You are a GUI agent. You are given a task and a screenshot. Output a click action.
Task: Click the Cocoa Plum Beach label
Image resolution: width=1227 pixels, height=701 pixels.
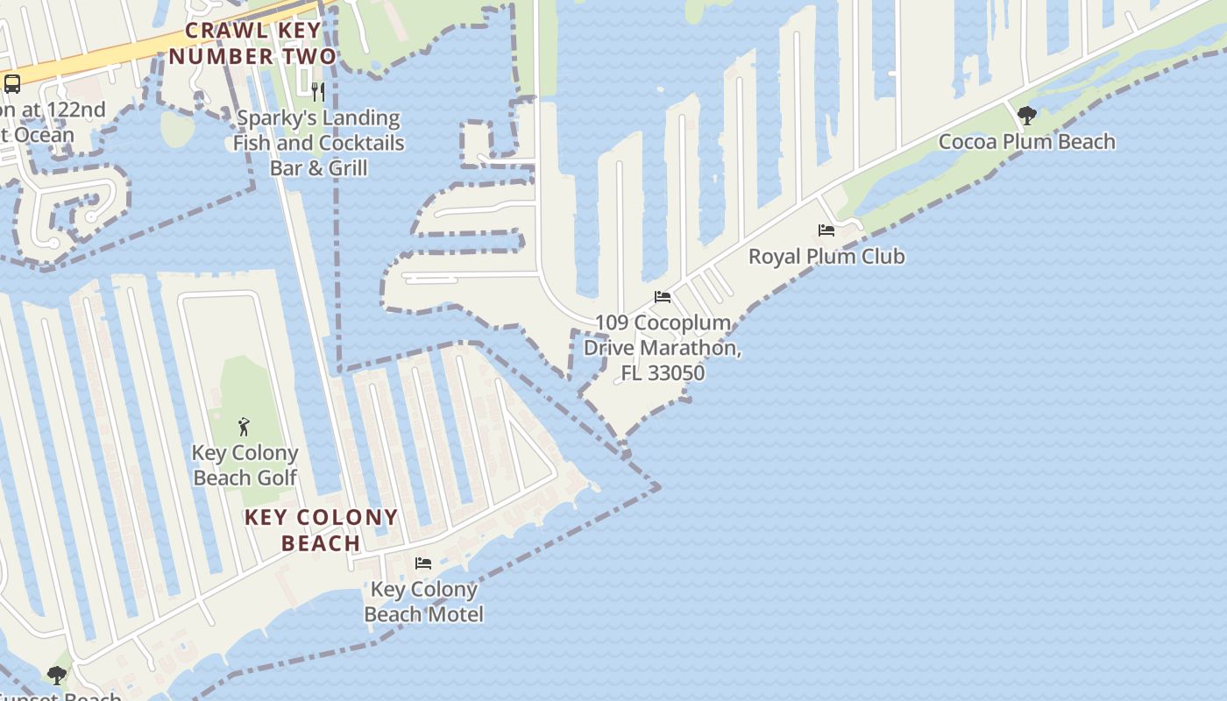1026,141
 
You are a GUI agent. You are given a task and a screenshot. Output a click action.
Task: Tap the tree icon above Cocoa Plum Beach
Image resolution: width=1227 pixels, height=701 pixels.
1026,115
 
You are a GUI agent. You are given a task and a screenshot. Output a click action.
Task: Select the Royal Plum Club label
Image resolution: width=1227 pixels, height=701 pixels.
826,256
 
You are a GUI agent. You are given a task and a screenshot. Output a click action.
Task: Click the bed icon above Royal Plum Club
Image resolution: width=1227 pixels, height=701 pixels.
826,230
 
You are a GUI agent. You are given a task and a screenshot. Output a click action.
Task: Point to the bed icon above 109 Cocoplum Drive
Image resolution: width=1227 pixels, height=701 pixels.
663,297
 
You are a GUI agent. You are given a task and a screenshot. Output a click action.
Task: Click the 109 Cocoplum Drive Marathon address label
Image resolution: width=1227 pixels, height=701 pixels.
663,347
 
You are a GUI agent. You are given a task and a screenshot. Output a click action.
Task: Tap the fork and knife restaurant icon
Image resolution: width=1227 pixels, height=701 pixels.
318,91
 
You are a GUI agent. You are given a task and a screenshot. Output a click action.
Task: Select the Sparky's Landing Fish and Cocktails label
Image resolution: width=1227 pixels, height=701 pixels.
318,130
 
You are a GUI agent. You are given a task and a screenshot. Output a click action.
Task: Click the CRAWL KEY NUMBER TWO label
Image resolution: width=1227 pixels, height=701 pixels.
252,44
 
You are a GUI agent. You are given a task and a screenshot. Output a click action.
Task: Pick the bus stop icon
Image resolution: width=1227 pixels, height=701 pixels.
12,84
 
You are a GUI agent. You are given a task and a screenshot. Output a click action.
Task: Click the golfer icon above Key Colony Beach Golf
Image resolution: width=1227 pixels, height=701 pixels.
245,427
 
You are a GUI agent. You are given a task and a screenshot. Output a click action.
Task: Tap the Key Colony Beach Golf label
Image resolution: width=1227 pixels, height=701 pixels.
245,465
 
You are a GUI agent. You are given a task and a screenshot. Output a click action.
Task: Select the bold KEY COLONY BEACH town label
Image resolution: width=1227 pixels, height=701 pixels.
321,529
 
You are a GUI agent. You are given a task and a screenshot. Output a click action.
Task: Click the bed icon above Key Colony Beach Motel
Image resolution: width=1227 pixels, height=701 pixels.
423,563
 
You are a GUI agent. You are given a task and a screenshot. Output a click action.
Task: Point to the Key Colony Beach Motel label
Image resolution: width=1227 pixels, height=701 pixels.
423,601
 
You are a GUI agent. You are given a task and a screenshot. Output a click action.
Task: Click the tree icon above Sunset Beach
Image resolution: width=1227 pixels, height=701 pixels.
57,676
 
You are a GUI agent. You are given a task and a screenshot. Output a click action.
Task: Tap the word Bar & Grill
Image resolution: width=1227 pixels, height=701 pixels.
318,167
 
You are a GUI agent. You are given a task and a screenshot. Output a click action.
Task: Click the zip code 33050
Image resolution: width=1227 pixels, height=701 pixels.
675,372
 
